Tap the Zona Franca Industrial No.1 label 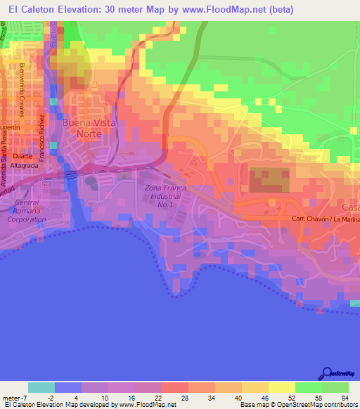pyautogui.click(x=162, y=196)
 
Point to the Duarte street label pyautogui.click(x=22, y=156)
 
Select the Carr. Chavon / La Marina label pyautogui.click(x=325, y=220)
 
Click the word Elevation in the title pyautogui.click(x=89, y=9)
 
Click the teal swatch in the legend pyautogui.click(x=41, y=387)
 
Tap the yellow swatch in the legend pyautogui.click(x=283, y=387)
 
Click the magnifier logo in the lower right pyautogui.click(x=328, y=373)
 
